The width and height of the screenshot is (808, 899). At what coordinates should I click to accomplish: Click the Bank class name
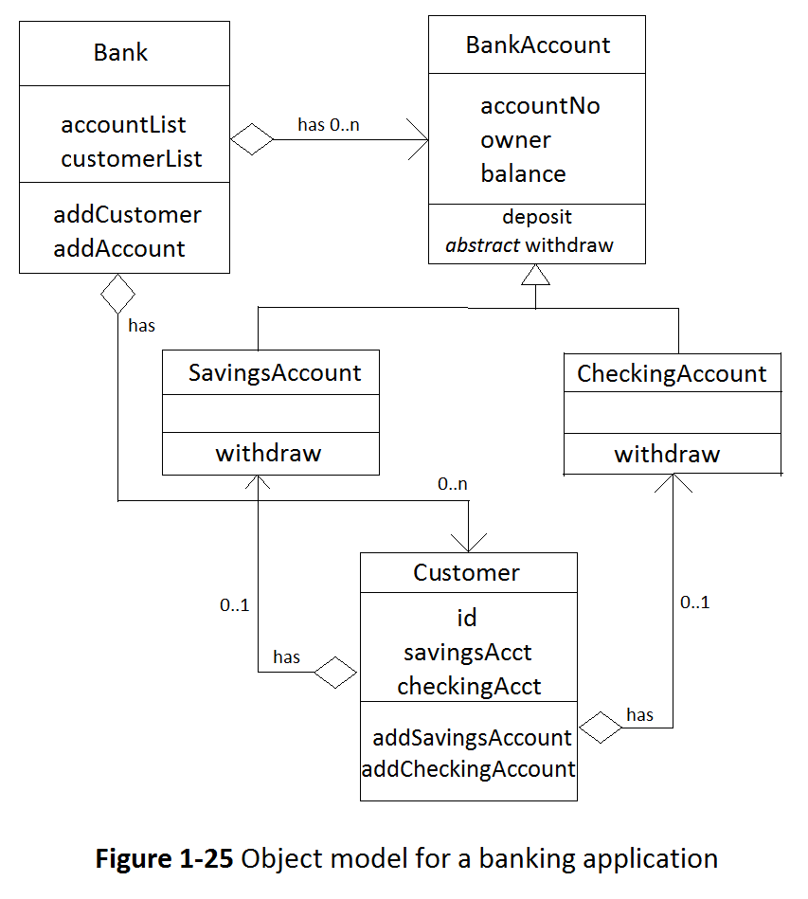pyautogui.click(x=120, y=52)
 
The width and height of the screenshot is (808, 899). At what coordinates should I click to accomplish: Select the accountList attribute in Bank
pyautogui.click(x=123, y=125)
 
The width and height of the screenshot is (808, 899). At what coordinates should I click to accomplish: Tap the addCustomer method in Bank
pyautogui.click(x=127, y=215)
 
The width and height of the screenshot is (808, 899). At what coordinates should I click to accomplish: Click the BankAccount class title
pyautogui.click(x=537, y=45)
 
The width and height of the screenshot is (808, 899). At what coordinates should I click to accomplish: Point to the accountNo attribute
pyautogui.click(x=540, y=106)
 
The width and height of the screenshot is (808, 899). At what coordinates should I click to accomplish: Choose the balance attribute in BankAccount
pyautogui.click(x=523, y=174)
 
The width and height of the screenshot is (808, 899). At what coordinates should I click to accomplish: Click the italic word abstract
pyautogui.click(x=482, y=245)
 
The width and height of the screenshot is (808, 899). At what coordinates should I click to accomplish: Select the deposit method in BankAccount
pyautogui.click(x=537, y=217)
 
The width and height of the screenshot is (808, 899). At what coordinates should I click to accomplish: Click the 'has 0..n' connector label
pyautogui.click(x=328, y=125)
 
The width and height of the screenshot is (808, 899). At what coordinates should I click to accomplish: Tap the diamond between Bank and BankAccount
pyautogui.click(x=253, y=140)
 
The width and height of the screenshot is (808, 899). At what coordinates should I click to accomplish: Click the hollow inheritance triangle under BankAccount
pyautogui.click(x=536, y=275)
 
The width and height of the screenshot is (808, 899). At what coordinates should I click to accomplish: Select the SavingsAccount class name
pyautogui.click(x=275, y=373)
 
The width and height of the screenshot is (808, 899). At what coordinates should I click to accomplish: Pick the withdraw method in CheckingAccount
pyautogui.click(x=667, y=454)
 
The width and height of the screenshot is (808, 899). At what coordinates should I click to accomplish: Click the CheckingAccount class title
pyautogui.click(x=672, y=374)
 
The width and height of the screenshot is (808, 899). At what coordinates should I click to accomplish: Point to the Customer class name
pyautogui.click(x=466, y=573)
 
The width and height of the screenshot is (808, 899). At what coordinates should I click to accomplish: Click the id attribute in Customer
pyautogui.click(x=466, y=619)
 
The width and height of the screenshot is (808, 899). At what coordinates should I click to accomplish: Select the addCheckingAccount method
pyautogui.click(x=468, y=769)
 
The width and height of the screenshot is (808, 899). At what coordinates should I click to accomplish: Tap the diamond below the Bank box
pyautogui.click(x=118, y=294)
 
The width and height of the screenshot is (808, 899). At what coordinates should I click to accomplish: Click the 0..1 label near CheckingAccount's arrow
pyautogui.click(x=694, y=602)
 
